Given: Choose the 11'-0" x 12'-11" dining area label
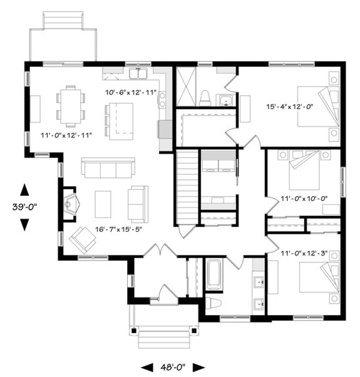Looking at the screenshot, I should click(x=66, y=135).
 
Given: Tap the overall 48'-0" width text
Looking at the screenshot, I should click(x=172, y=367).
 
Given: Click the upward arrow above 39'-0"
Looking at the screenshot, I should click(x=24, y=189).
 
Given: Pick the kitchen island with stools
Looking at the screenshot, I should click(x=120, y=121).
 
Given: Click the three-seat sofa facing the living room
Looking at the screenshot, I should click(x=107, y=169).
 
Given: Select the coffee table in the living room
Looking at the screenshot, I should click(x=103, y=204).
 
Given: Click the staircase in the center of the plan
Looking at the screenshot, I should click(x=186, y=188).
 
